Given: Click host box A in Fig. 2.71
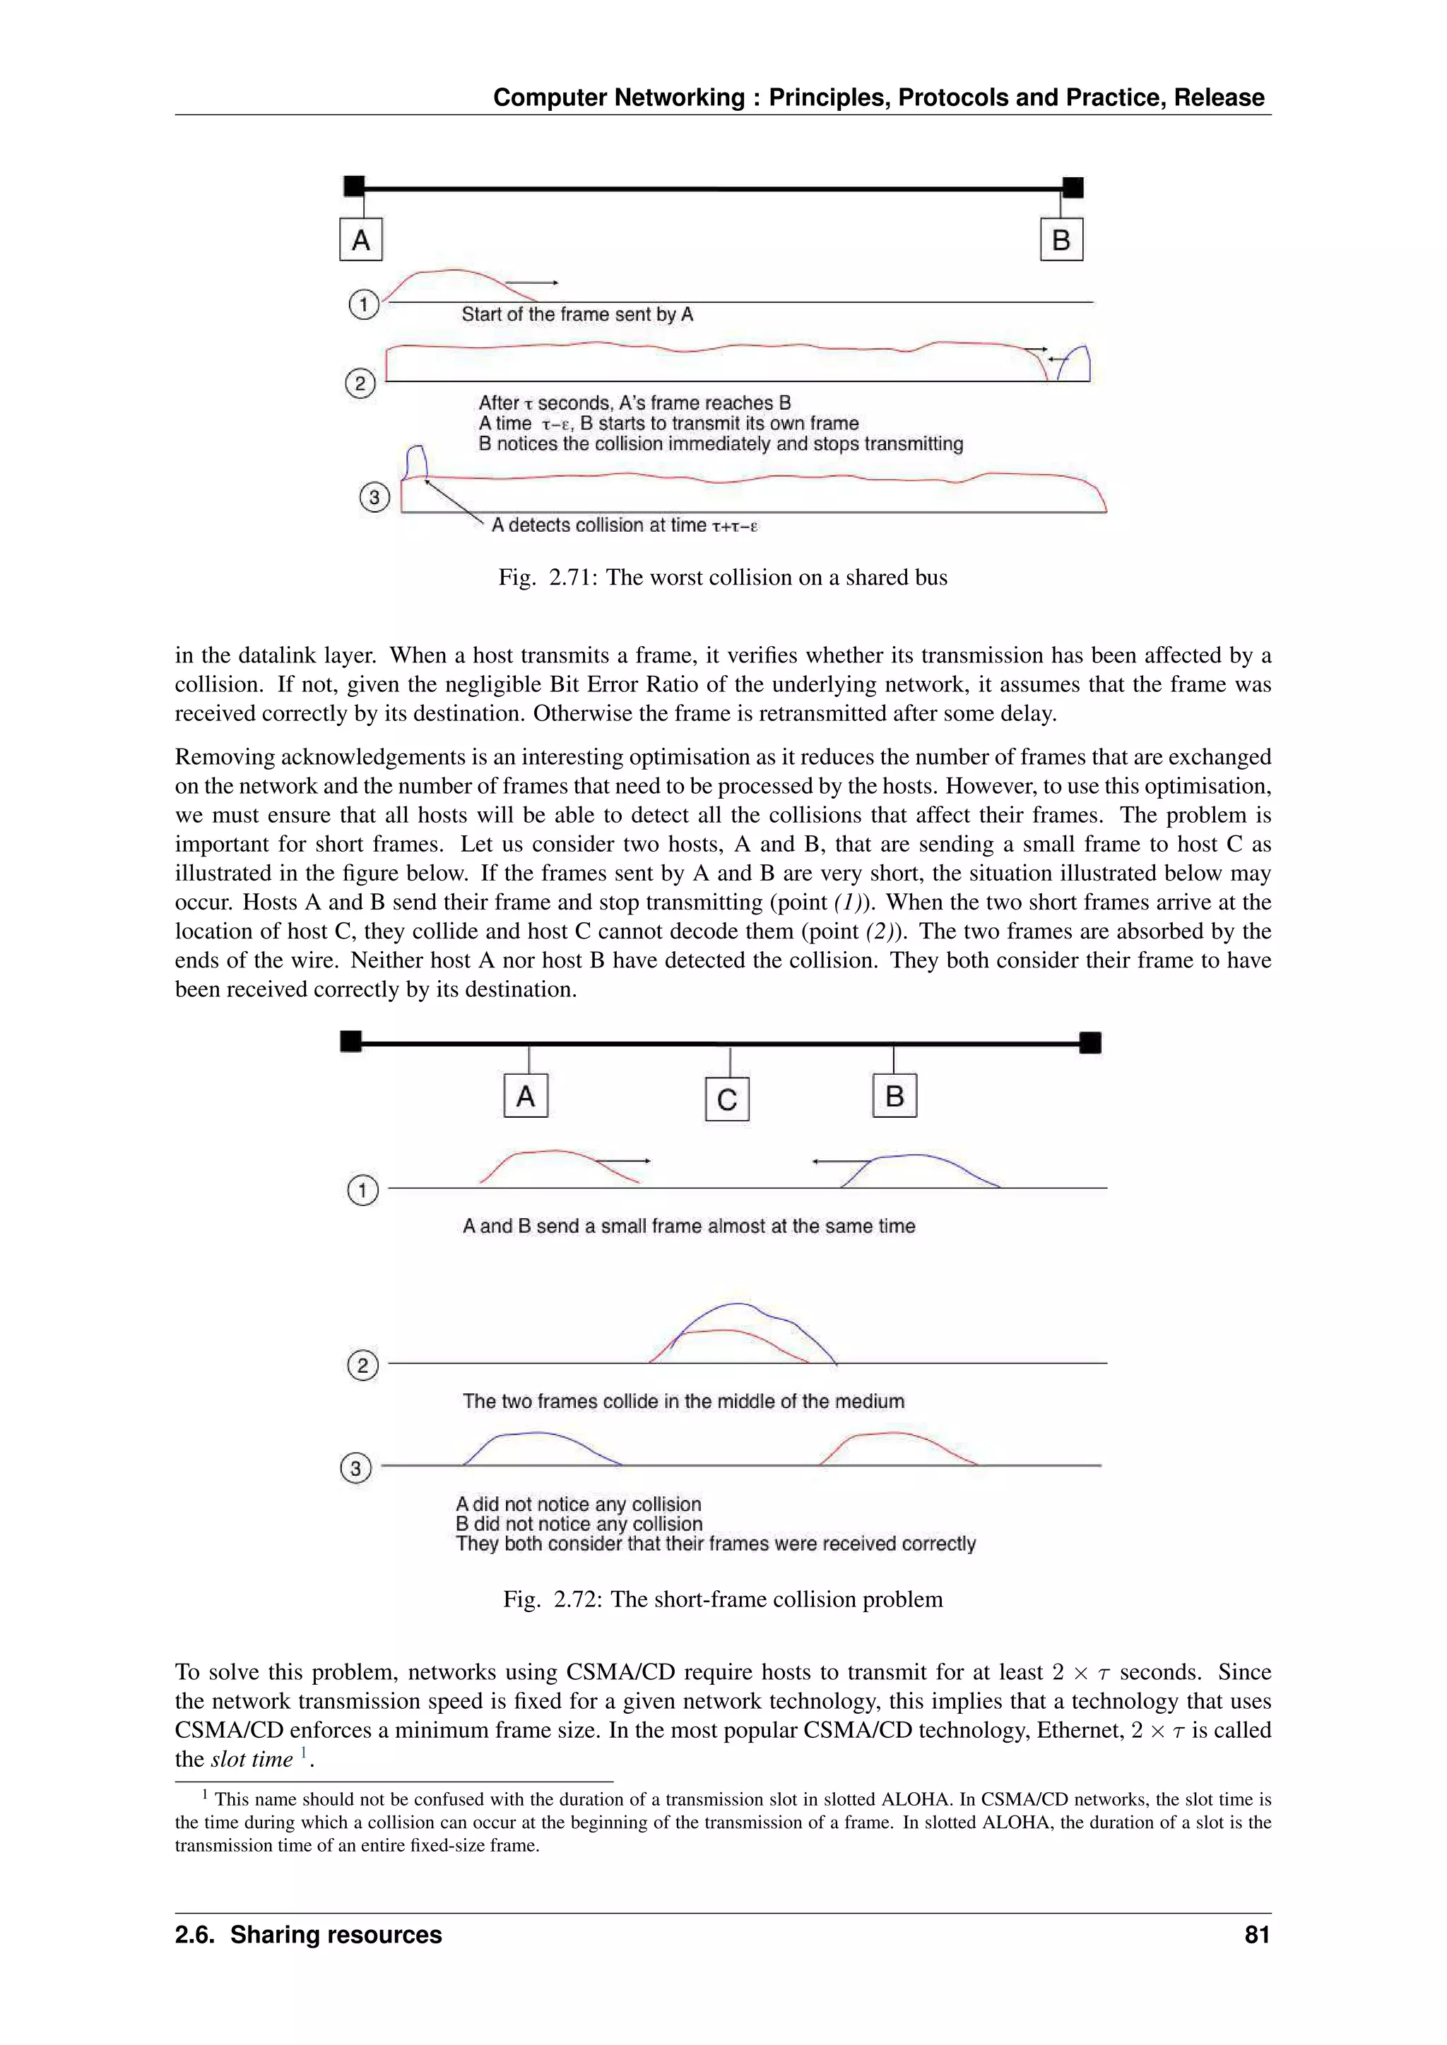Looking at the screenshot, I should point(361,239).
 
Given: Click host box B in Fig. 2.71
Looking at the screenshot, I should point(1061,239).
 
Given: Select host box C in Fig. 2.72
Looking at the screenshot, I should point(727,1099).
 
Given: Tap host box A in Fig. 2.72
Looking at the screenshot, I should point(526,1095).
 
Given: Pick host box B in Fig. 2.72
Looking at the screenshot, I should point(894,1095).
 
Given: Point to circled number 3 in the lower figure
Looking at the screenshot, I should point(355,1468).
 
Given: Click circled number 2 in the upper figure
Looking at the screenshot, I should point(360,384).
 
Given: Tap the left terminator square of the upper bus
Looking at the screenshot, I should point(354,186).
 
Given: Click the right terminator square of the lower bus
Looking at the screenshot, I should point(1089,1042).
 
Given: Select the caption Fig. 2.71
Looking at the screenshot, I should point(723,577).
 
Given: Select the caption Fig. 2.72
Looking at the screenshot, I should point(723,1599).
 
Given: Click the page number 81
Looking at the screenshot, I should point(1256,1935).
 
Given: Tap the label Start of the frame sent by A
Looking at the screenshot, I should point(577,314).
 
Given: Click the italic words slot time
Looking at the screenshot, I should point(252,1759).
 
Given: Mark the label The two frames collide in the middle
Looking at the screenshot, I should point(683,1401).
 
